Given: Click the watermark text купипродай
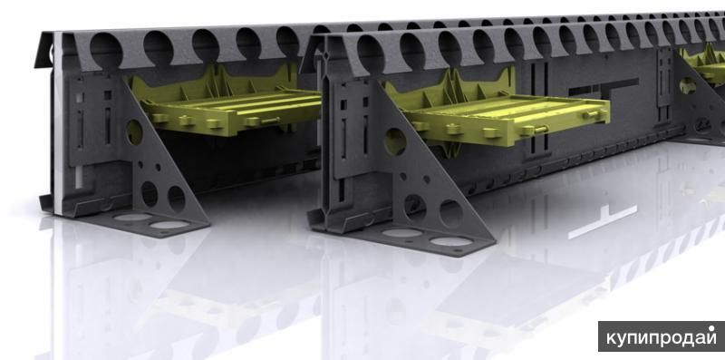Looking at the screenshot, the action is [x=662, y=337].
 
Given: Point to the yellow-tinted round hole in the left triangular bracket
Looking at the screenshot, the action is [x=134, y=132].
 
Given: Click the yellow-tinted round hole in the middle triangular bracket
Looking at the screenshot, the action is [x=395, y=141].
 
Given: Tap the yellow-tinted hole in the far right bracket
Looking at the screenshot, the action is [x=688, y=85].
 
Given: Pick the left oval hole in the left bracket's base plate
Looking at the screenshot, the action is [x=132, y=217].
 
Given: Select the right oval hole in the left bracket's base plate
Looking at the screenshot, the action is [x=169, y=225].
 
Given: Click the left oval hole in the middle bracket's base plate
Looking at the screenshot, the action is [x=402, y=233].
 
